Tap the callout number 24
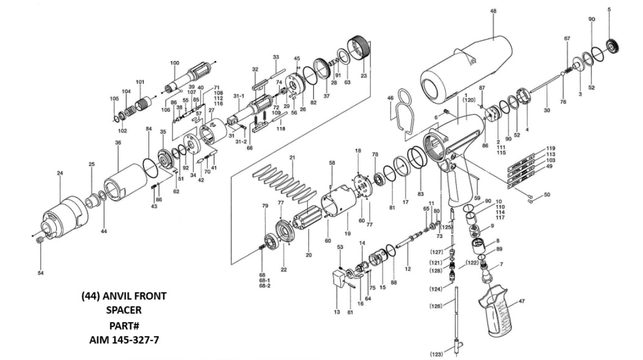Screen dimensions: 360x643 click(x=60, y=173)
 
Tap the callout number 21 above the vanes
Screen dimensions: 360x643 click(x=292, y=158)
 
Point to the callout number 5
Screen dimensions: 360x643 click(x=609, y=9)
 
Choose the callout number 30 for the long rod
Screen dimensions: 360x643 click(x=547, y=110)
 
